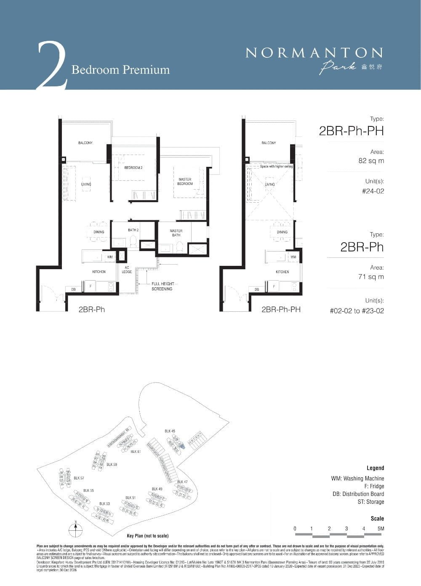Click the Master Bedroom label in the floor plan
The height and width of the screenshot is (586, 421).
click(185, 182)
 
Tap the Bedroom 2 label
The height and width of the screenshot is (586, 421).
click(133, 168)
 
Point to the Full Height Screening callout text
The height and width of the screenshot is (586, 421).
click(162, 286)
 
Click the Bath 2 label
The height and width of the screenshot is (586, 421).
click(133, 230)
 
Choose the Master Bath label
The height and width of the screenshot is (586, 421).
click(176, 233)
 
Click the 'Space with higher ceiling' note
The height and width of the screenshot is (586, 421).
click(276, 166)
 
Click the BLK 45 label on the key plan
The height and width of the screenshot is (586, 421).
click(170, 431)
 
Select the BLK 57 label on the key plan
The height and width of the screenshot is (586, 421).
click(79, 478)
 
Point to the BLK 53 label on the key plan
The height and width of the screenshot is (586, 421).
click(104, 504)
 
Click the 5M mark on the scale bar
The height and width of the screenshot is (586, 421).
click(381, 528)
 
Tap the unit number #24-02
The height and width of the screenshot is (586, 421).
click(373, 191)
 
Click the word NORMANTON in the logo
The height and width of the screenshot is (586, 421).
click(314, 53)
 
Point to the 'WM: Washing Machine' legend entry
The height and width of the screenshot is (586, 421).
click(357, 478)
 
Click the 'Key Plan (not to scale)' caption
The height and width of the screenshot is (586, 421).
click(147, 536)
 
